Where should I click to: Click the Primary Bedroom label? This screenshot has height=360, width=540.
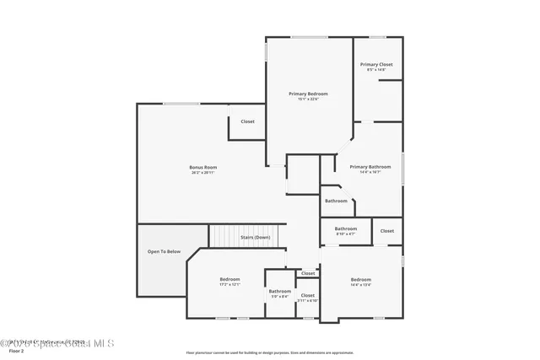[x=308, y=94]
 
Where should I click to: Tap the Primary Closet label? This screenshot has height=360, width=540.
[x=376, y=64]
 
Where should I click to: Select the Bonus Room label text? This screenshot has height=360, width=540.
[x=203, y=167]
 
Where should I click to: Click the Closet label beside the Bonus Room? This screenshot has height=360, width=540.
[x=247, y=121]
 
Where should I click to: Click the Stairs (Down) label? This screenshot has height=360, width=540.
[x=256, y=237]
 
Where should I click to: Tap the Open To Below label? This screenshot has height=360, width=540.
[x=164, y=251]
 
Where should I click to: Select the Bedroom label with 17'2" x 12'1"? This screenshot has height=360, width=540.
[x=230, y=279]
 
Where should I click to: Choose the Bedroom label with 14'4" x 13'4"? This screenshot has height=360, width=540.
[x=361, y=279]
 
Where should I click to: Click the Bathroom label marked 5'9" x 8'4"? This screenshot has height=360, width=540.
[x=280, y=292]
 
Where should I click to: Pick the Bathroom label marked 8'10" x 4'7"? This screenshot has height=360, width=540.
[x=346, y=228]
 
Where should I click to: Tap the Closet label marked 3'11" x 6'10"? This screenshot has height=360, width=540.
[x=308, y=295]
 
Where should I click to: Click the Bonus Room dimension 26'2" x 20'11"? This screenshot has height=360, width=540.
[x=203, y=173]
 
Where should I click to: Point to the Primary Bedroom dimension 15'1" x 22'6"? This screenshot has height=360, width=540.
[x=308, y=99]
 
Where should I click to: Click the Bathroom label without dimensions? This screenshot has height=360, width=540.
[x=336, y=201]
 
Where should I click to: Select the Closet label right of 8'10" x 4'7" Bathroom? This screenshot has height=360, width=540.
[x=386, y=231]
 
